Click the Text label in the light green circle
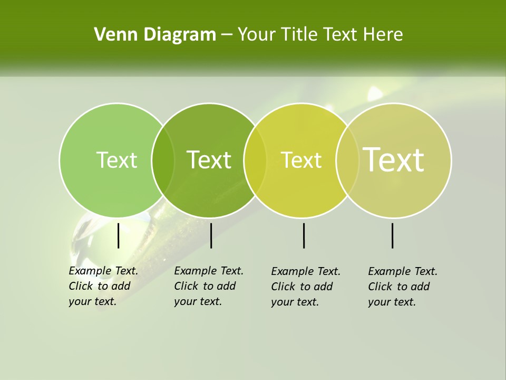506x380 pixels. tap(117, 160)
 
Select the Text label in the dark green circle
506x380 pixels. tap(209, 160)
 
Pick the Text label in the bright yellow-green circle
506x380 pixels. tap(301, 160)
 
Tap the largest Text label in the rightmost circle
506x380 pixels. tap(394, 159)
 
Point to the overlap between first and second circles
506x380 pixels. tap(163, 160)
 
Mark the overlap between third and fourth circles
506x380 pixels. tap(346, 160)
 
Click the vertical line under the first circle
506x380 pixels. tap(119, 235)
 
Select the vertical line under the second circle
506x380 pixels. tap(211, 235)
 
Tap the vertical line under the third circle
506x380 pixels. tap(304, 235)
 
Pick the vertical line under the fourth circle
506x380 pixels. tap(393, 235)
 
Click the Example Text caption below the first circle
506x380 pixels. tap(103, 286)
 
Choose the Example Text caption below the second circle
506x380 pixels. tap(208, 286)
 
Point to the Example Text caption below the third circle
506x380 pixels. tap(306, 287)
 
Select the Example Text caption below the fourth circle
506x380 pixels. tap(402, 287)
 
